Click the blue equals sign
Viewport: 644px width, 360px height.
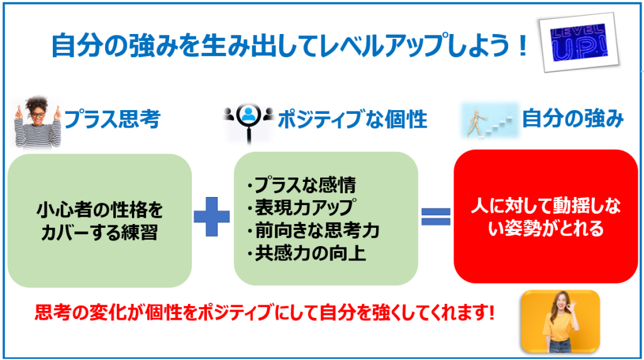(435, 217)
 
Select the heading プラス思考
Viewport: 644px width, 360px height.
(111, 118)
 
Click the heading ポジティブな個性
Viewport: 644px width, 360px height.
(352, 118)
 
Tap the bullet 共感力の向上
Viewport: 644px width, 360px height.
(306, 253)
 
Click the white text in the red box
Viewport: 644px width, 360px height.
(536, 217)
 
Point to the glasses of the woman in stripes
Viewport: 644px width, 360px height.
(38, 114)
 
